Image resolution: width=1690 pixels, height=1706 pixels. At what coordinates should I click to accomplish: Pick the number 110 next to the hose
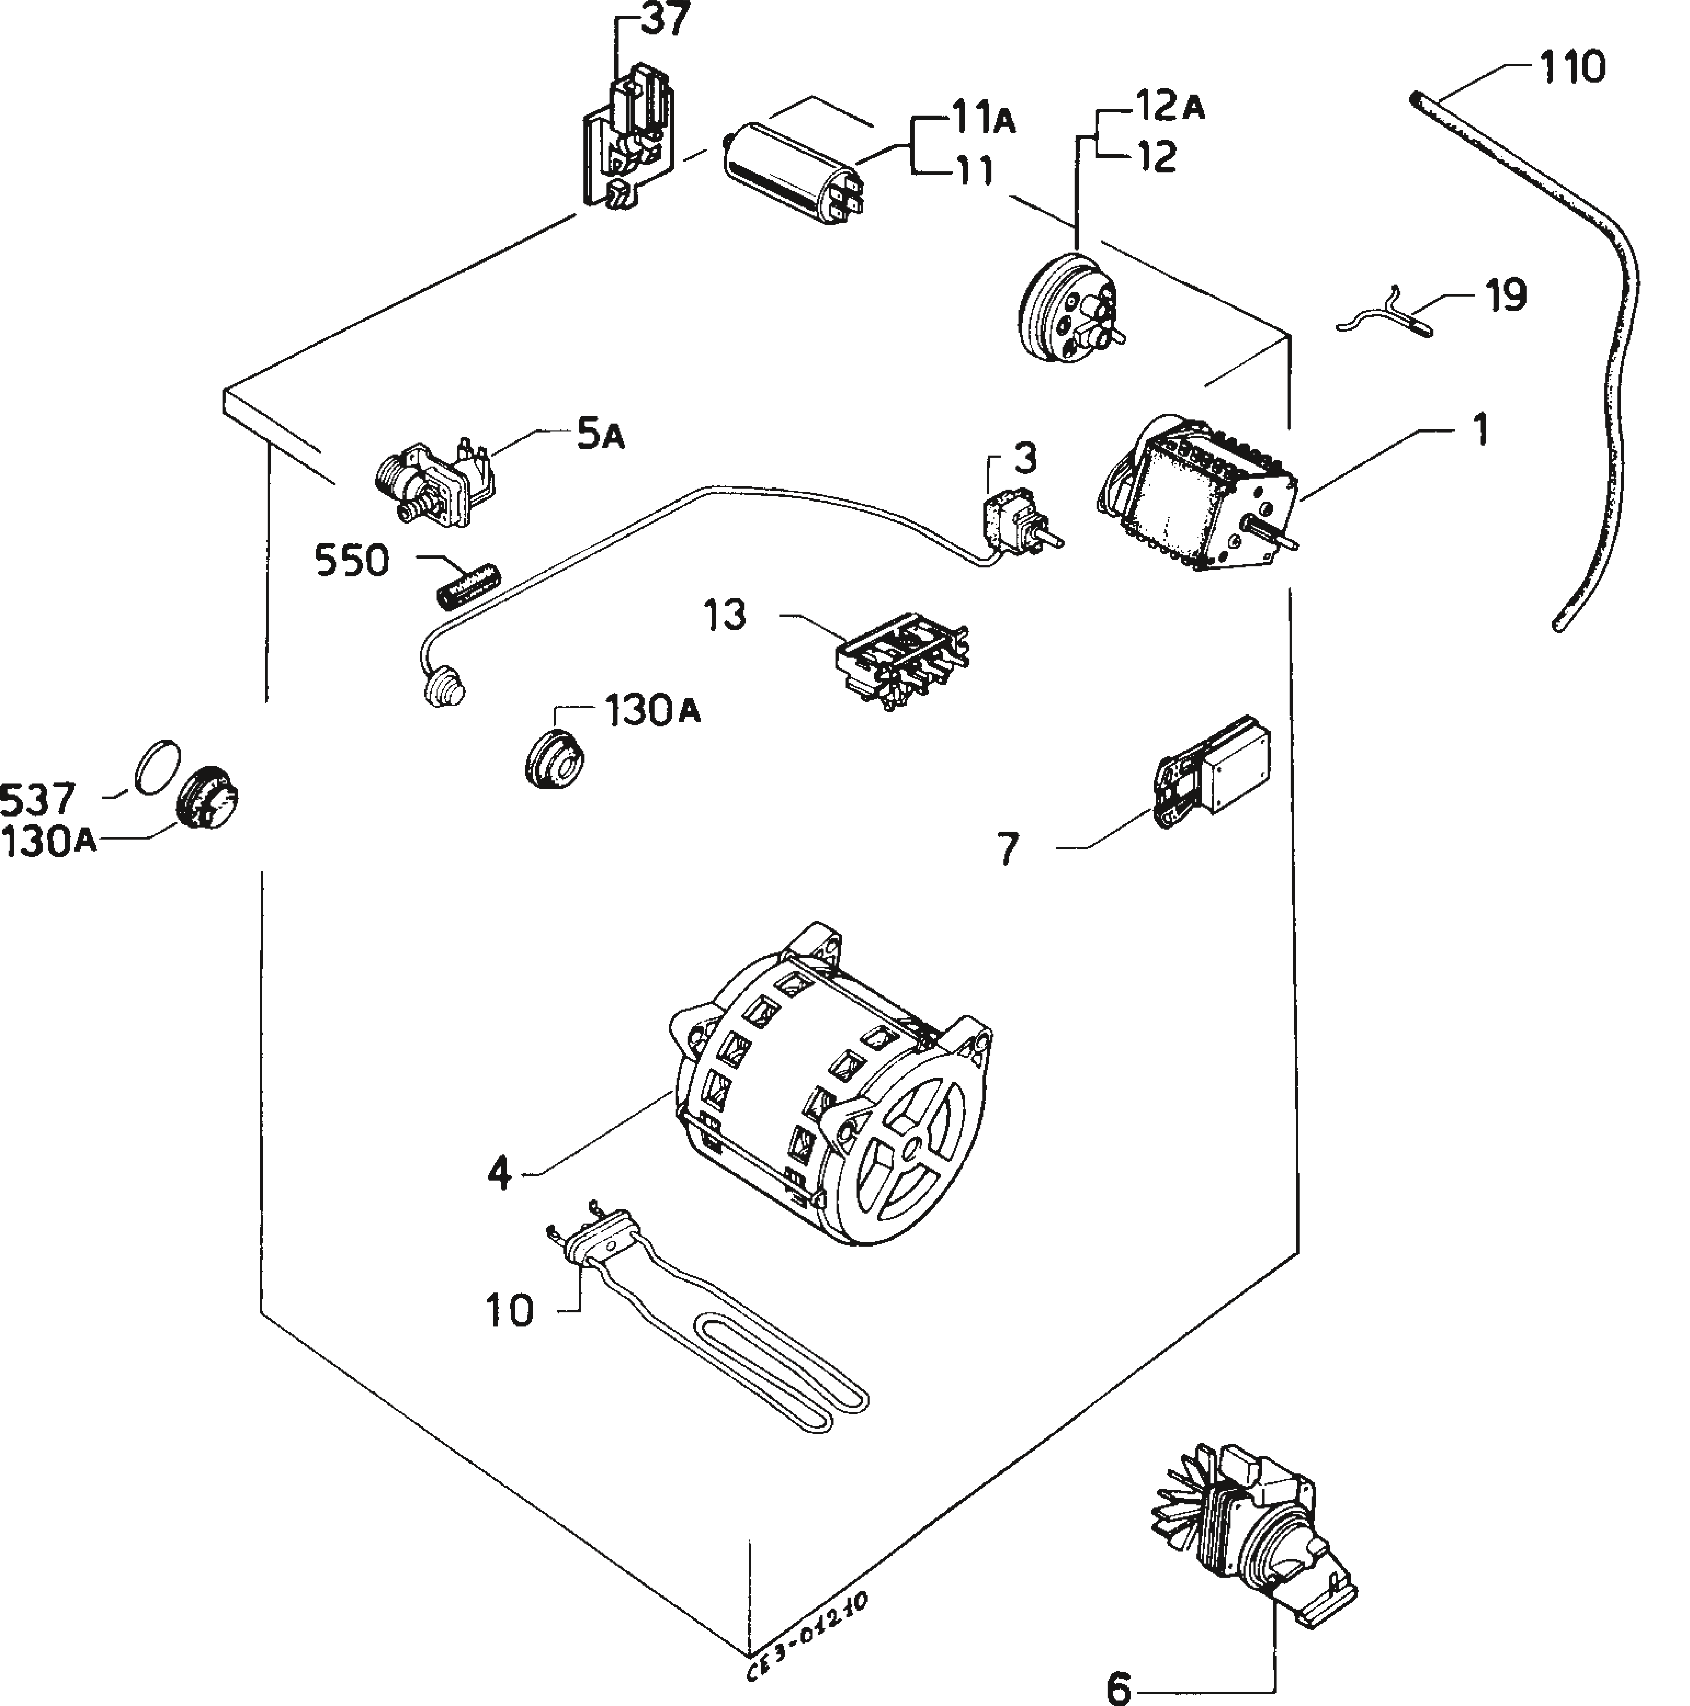[1572, 68]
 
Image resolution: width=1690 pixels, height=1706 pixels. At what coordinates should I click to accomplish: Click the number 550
[352, 562]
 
